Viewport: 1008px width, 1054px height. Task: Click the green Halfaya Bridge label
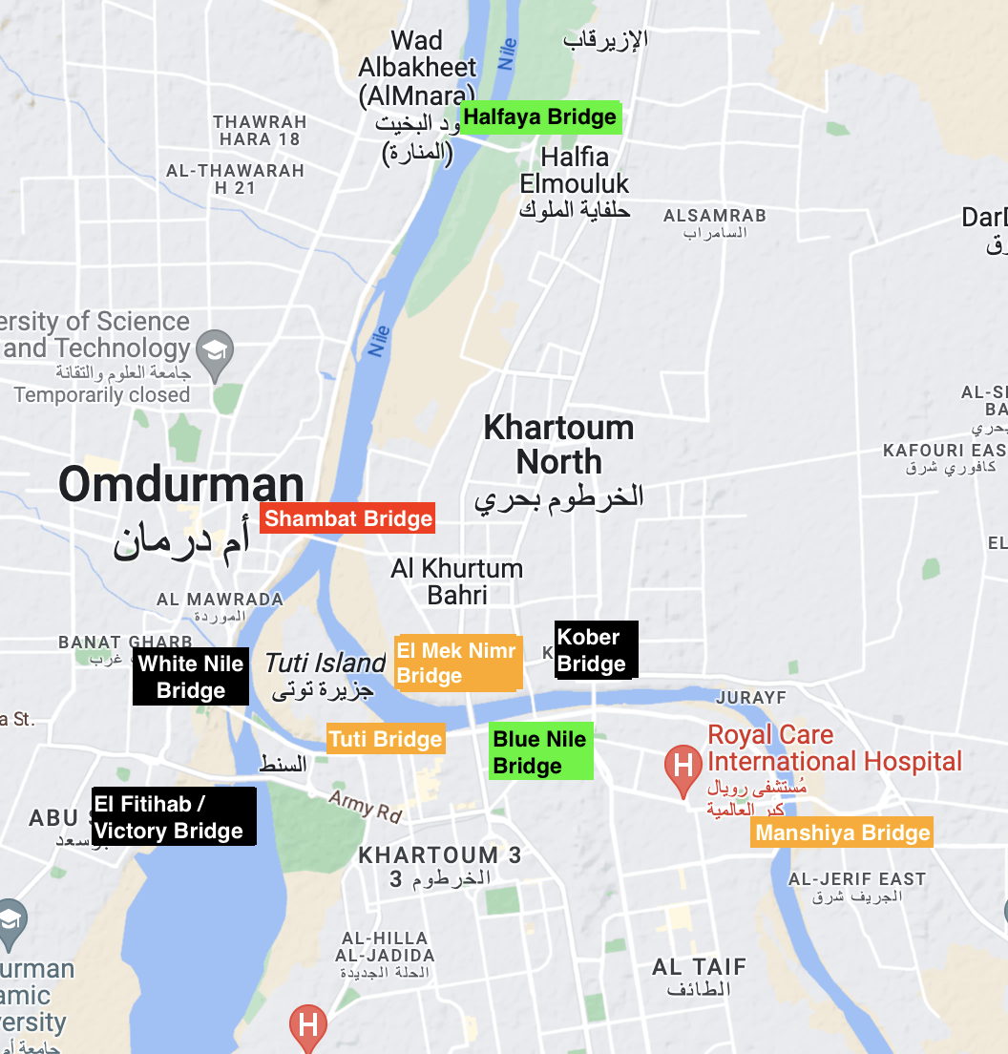539,117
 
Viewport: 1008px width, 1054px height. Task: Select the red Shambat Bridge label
347,519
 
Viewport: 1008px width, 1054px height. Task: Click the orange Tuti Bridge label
386,739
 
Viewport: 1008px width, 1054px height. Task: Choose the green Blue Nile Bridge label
540,752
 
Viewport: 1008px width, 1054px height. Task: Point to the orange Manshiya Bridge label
842,833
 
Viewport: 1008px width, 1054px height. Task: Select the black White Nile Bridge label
191,677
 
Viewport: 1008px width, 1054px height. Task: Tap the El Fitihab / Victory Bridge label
174,817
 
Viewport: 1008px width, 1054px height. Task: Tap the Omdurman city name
181,485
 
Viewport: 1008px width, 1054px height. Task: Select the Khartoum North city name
558,444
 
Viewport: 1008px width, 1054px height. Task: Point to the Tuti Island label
325,663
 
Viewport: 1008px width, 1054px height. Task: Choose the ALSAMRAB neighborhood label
715,216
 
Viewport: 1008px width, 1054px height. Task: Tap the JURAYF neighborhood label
750,698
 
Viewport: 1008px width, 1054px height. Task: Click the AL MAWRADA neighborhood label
220,600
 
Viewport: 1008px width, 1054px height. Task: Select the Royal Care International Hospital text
834,748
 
